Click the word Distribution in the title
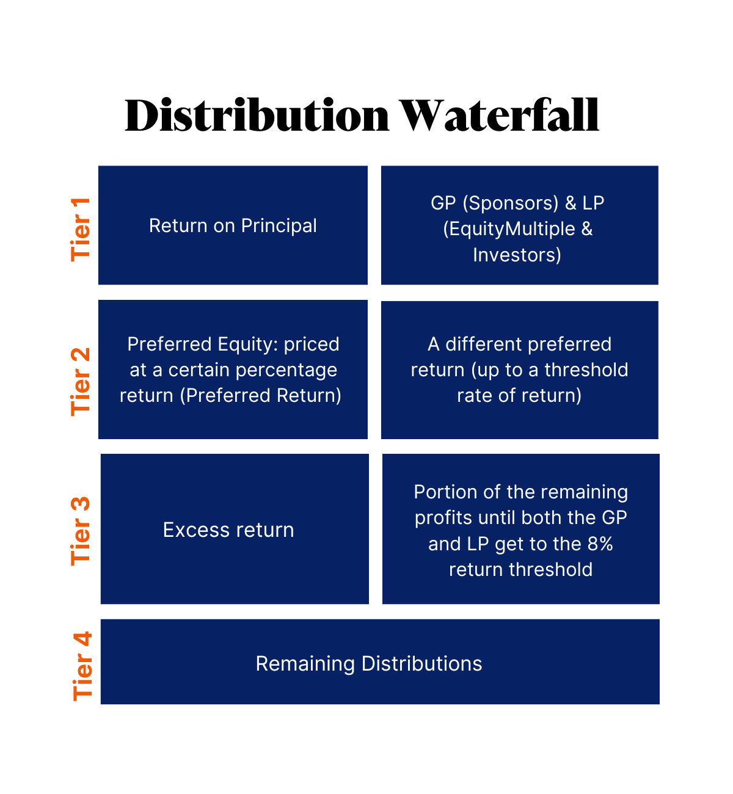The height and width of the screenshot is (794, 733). [x=257, y=115]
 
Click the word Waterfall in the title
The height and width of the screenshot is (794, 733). [x=500, y=115]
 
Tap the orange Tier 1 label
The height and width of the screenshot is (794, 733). [x=81, y=229]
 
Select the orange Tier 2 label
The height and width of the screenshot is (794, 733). [x=81, y=382]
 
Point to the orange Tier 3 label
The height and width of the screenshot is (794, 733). [x=81, y=531]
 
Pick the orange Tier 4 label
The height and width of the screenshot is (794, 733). [x=82, y=666]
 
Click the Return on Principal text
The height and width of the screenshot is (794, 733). [x=233, y=225]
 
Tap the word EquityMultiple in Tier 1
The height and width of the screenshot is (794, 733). [x=509, y=229]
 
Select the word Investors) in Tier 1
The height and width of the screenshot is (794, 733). [x=517, y=255]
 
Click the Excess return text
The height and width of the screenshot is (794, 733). [x=228, y=530]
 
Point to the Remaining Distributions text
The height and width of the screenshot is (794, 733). [x=369, y=663]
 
